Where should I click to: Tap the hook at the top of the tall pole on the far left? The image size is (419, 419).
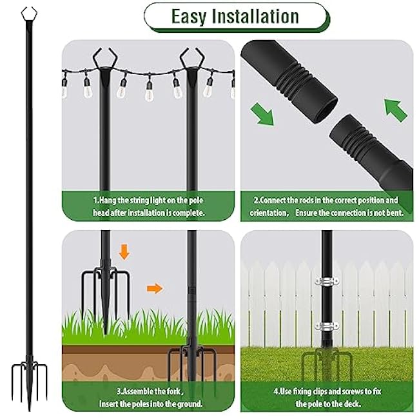[x=28, y=14]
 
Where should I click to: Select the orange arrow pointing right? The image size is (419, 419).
[x=153, y=288]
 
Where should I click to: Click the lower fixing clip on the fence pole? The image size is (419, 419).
[x=327, y=326]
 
